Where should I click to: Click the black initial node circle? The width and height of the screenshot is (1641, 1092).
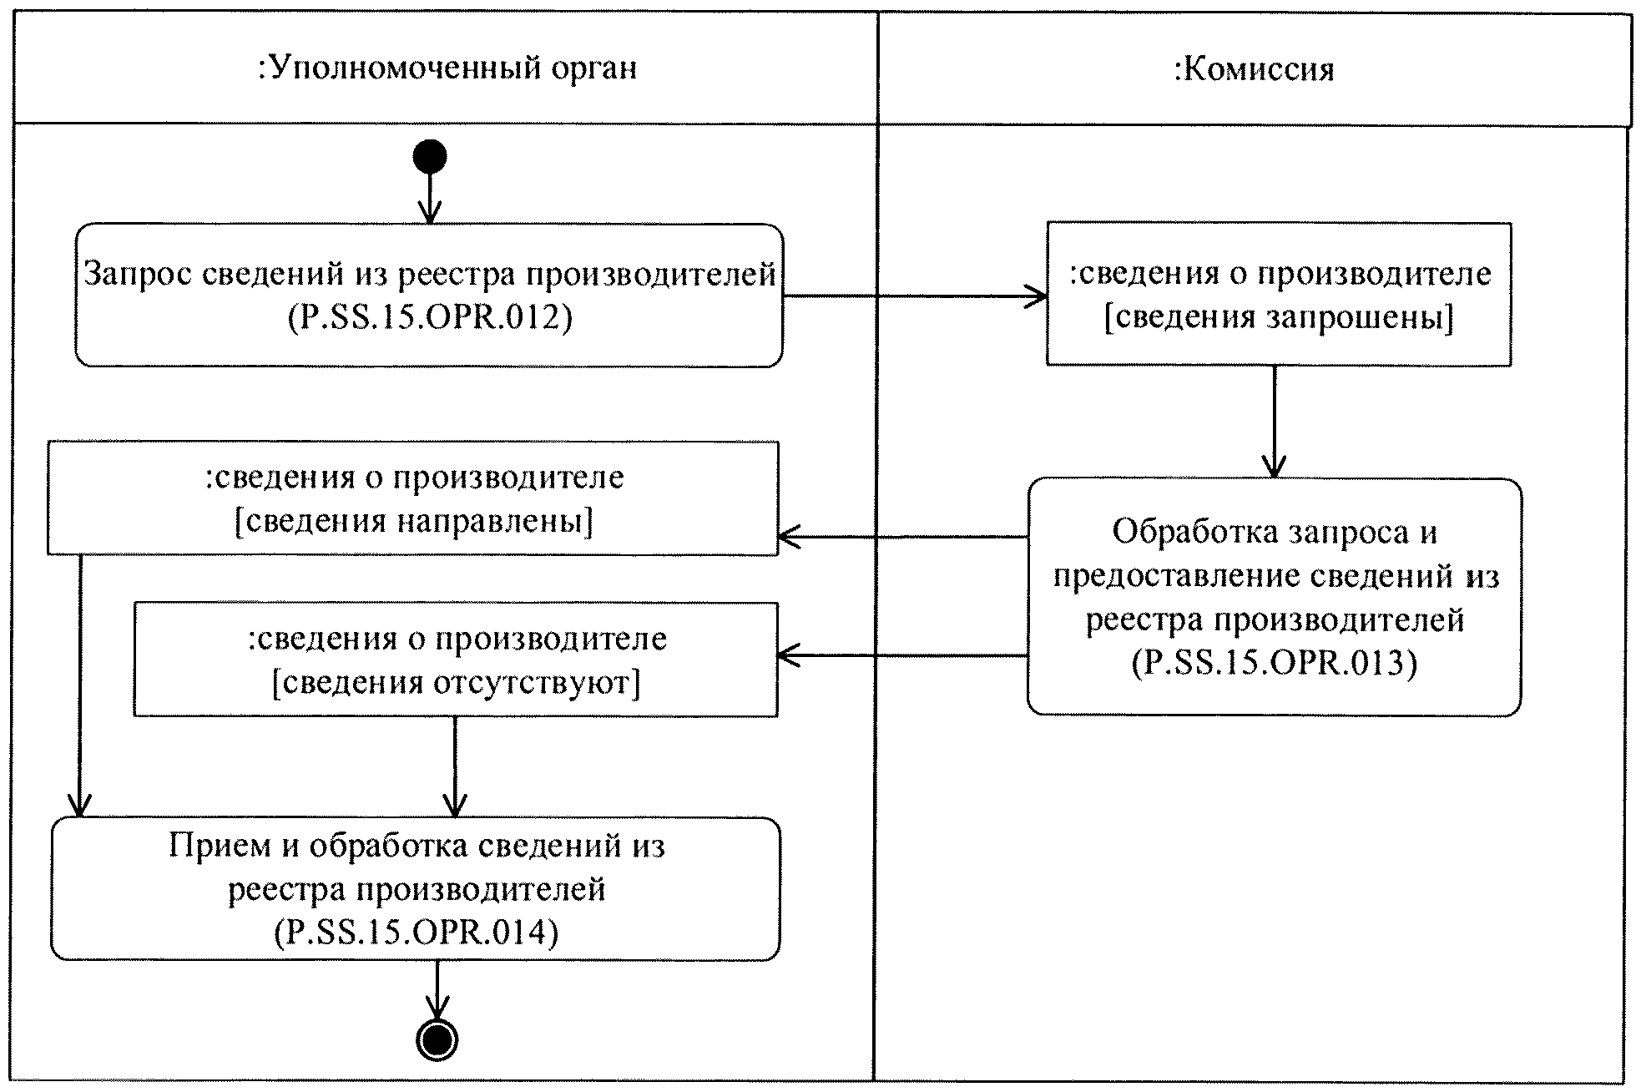point(429,156)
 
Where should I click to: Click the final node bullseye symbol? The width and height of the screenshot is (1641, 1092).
point(437,1039)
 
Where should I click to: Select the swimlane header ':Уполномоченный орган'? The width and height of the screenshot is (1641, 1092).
point(447,68)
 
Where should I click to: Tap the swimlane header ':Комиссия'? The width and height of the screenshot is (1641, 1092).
point(1254,69)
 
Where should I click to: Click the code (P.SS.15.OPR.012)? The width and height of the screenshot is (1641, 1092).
point(430,318)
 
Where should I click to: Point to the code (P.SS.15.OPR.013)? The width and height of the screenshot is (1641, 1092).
point(1274,663)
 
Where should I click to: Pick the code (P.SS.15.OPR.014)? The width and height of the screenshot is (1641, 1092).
point(416,932)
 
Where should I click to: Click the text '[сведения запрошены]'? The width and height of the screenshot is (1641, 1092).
point(1278,318)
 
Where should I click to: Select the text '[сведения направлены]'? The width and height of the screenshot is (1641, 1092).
point(413,521)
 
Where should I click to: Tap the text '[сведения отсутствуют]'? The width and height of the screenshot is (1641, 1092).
point(456,683)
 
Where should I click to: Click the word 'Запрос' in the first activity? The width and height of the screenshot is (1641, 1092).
point(139,274)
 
